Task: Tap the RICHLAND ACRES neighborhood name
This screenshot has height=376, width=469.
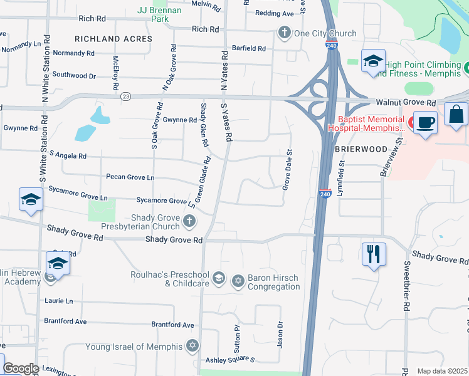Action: click(x=113, y=39)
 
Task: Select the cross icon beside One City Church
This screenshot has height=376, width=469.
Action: click(x=284, y=33)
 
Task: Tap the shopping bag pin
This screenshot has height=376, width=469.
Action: click(x=456, y=114)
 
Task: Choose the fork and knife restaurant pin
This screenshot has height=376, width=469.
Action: click(x=374, y=254)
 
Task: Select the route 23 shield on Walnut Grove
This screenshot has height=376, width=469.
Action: click(x=126, y=97)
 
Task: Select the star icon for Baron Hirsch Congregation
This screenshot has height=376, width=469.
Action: click(x=238, y=281)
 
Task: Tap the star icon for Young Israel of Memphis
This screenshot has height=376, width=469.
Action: click(x=192, y=346)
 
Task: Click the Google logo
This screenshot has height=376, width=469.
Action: click(x=20, y=368)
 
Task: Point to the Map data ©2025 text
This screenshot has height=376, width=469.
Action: click(x=442, y=371)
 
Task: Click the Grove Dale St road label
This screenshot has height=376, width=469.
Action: click(x=288, y=170)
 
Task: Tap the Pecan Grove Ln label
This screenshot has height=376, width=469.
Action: click(x=130, y=177)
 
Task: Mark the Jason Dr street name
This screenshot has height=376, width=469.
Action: click(x=280, y=335)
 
